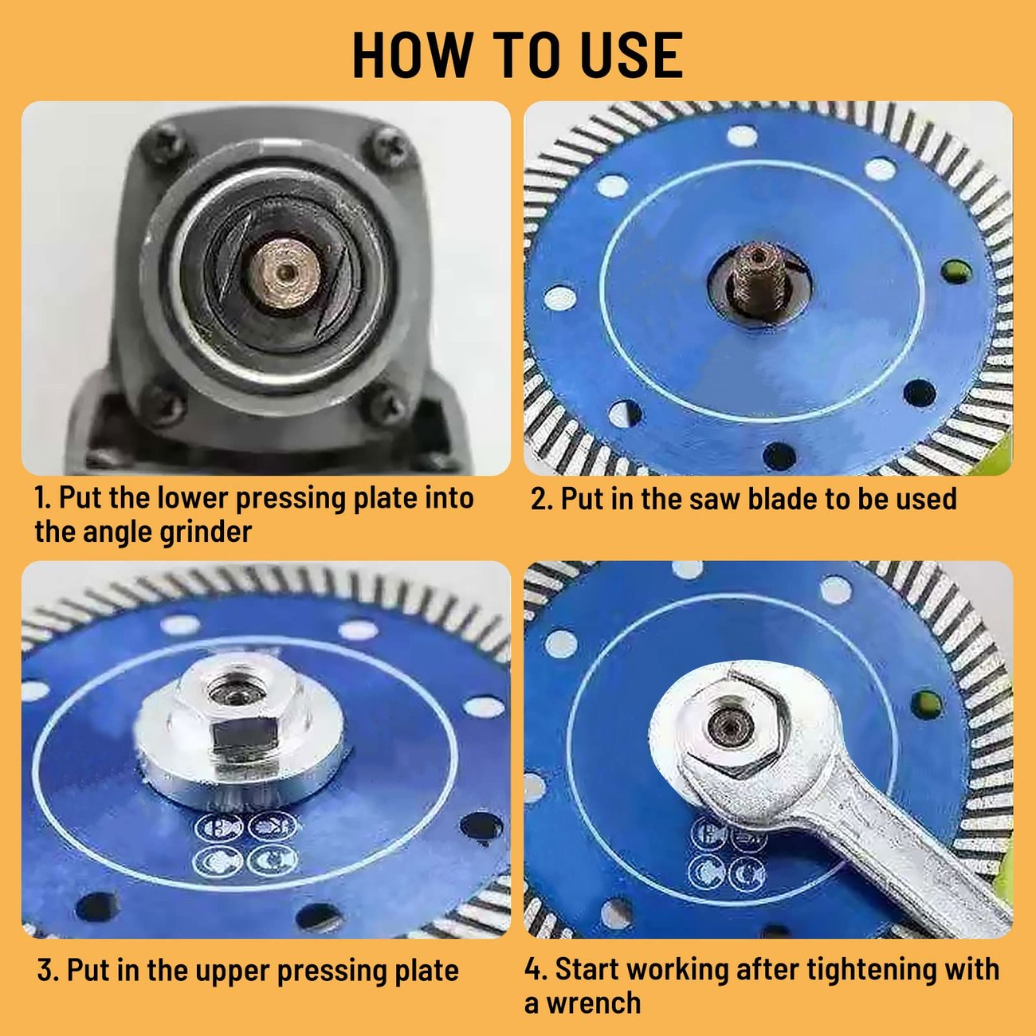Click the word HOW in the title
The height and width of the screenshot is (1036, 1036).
pos(412,55)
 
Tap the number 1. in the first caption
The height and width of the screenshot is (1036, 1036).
pos(43,498)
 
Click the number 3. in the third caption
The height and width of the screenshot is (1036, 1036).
pos(49,971)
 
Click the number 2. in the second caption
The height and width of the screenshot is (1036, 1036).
pos(542,499)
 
